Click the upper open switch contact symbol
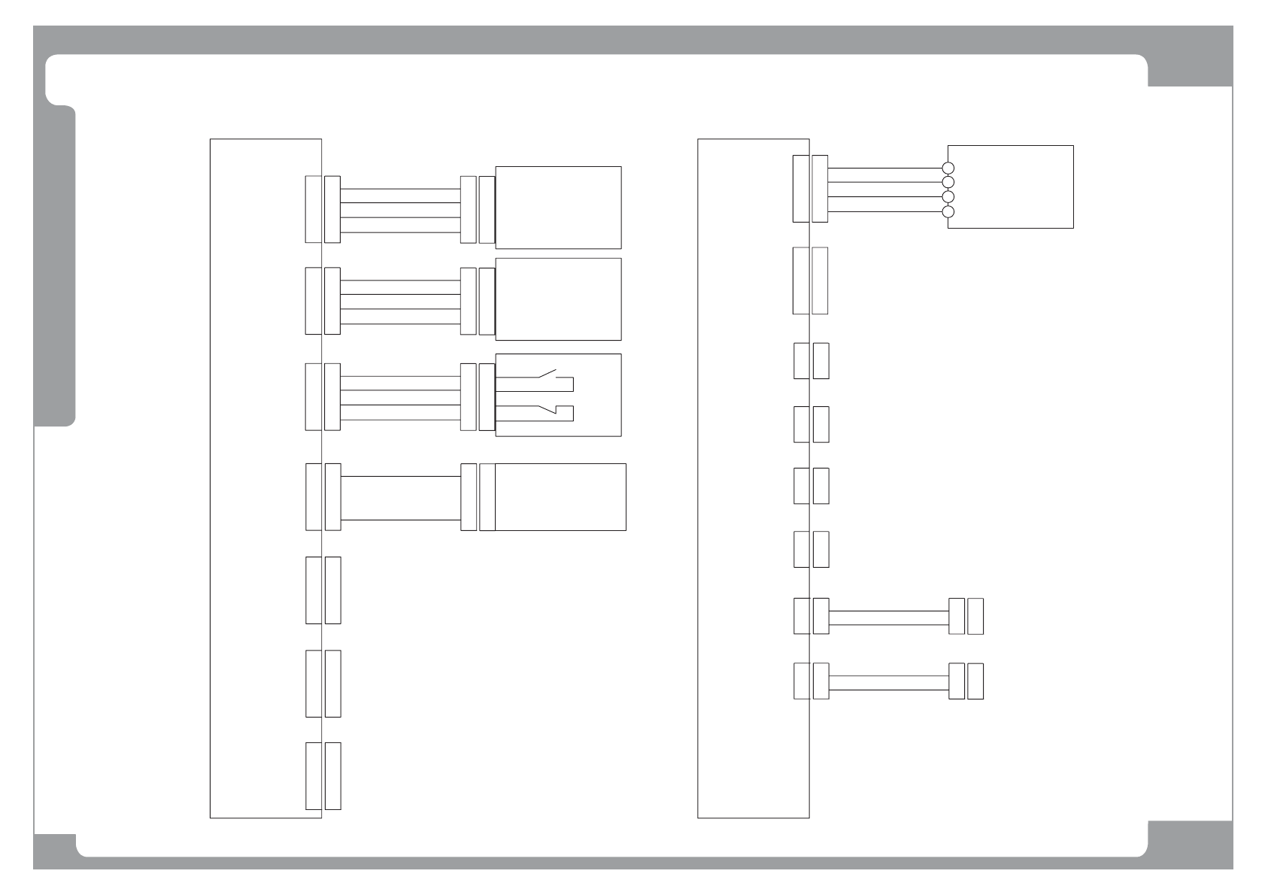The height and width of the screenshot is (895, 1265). coord(547,375)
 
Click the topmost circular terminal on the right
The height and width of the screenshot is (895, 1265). coord(948,168)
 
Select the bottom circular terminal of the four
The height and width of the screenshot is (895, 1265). coord(948,211)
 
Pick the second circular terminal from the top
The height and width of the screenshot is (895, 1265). coord(948,183)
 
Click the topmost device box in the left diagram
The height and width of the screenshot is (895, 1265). coord(558,207)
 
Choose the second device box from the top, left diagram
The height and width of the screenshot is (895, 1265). coord(558,299)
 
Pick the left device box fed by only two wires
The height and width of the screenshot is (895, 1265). coord(560,496)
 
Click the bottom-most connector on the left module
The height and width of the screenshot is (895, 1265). coord(323,776)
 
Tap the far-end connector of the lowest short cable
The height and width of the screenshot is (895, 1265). coord(966,681)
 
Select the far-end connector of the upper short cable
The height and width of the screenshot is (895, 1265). coord(966,616)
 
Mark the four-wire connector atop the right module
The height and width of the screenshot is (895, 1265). coord(810,189)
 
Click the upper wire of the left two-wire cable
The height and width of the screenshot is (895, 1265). coord(400,476)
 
